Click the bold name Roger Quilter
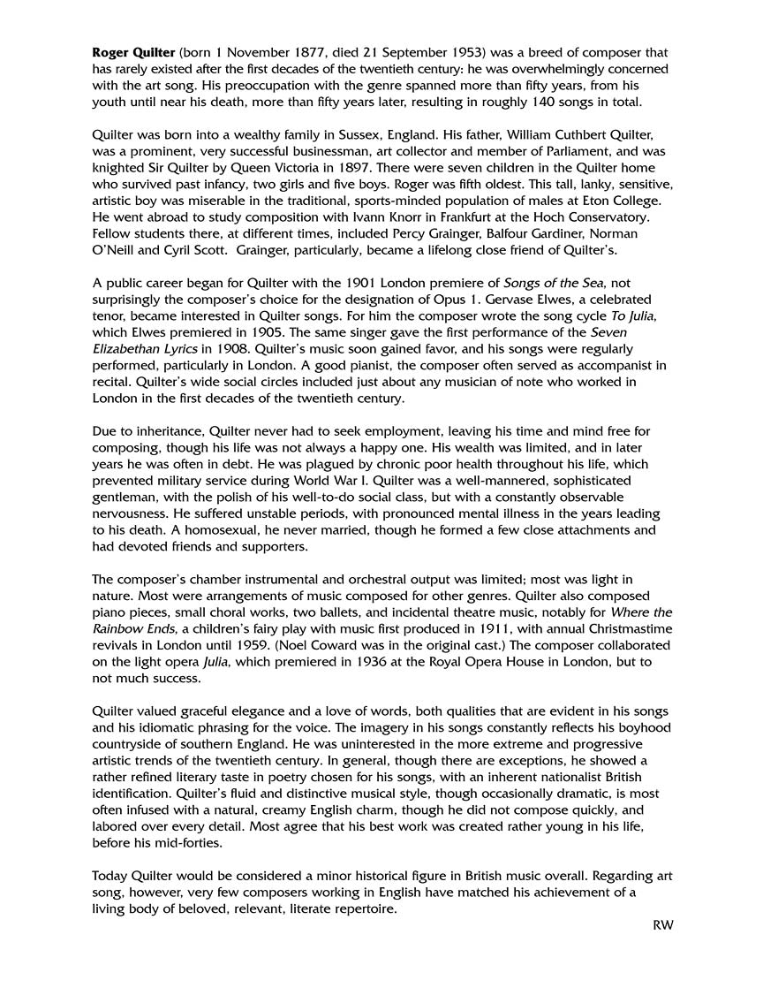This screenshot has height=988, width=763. [133, 53]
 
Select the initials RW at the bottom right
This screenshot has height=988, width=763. [663, 925]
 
